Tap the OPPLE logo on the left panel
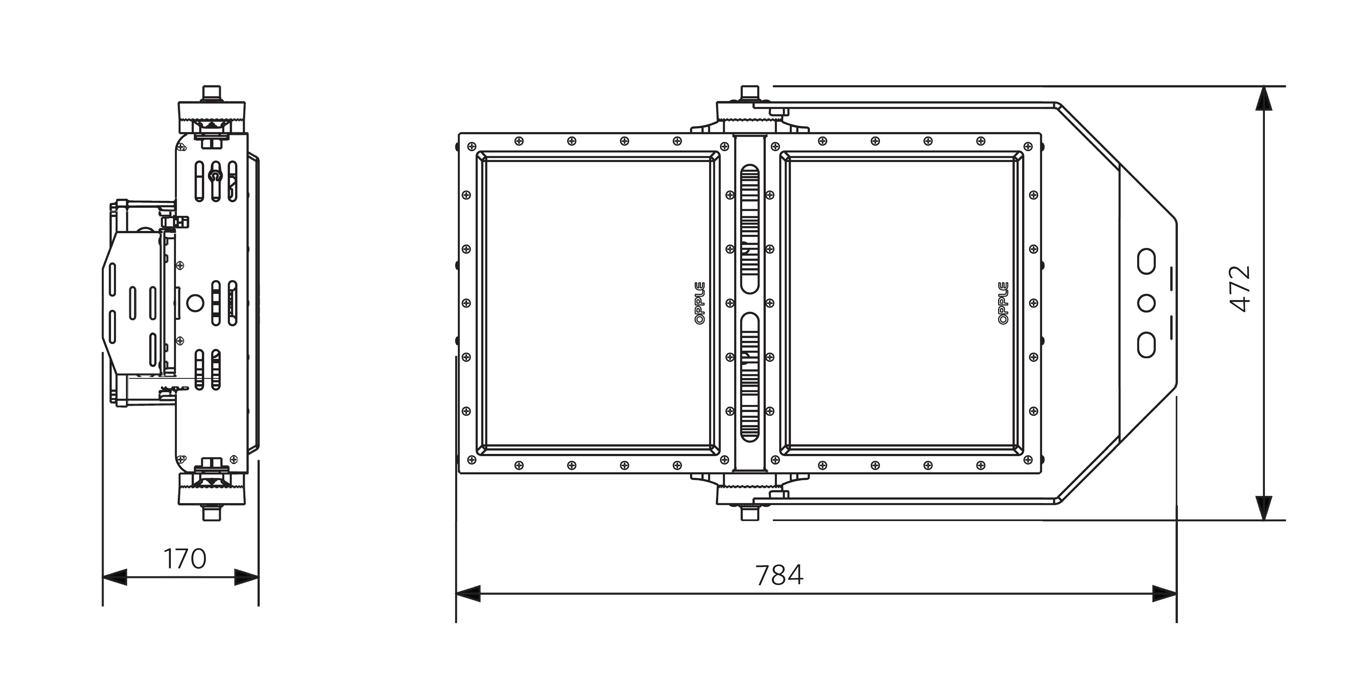pyautogui.click(x=700, y=303)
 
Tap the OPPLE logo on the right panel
pyautogui.click(x=1003, y=303)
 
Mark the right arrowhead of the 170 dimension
pyautogui.click(x=247, y=577)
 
